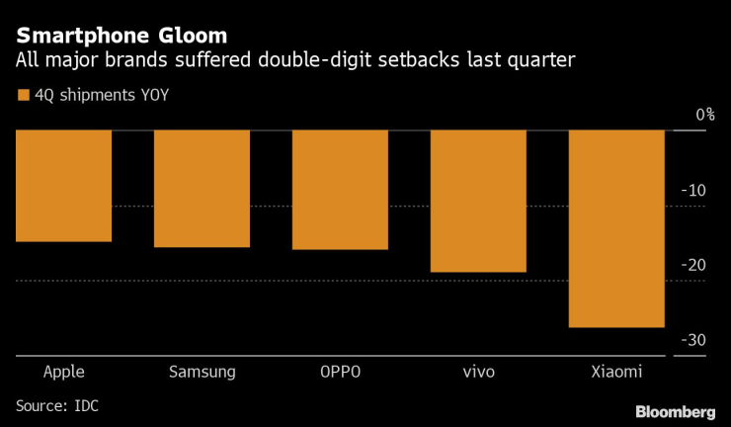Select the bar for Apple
click(x=63, y=186)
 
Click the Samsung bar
click(x=202, y=189)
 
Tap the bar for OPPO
click(x=340, y=190)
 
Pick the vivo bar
click(x=478, y=201)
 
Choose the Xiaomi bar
click(x=617, y=228)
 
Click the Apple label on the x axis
click(x=63, y=373)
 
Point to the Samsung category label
click(x=202, y=373)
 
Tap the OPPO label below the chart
click(x=340, y=373)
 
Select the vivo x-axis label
click(x=478, y=373)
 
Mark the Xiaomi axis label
click(x=617, y=373)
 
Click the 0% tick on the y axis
click(x=703, y=115)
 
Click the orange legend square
click(x=22, y=96)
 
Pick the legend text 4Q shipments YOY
click(x=95, y=96)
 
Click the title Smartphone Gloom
click(x=122, y=36)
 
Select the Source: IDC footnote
click(x=57, y=405)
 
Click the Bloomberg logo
click(x=675, y=410)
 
